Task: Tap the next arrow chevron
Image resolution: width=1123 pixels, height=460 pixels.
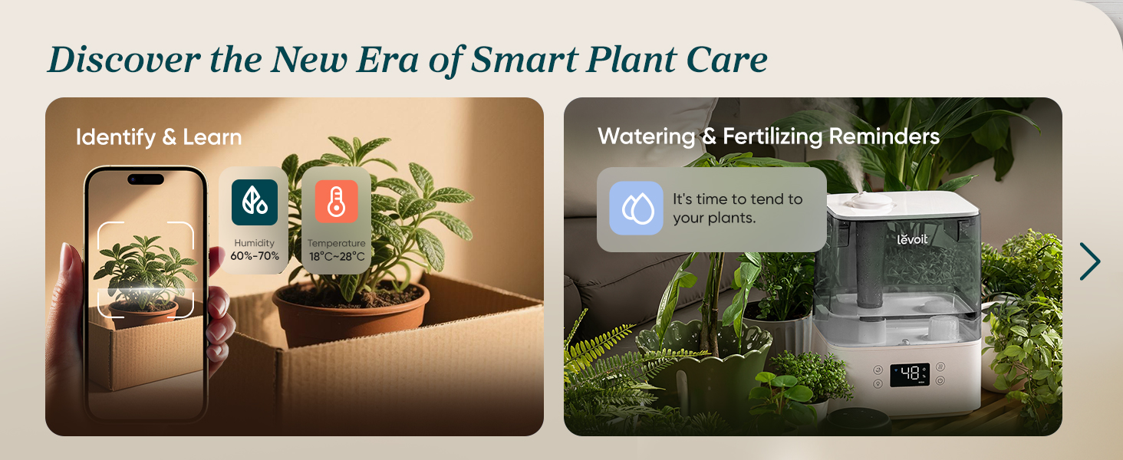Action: click(1089, 261)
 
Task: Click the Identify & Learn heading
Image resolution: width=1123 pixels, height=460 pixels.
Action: click(159, 137)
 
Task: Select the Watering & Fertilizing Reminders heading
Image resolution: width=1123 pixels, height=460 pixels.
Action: click(768, 136)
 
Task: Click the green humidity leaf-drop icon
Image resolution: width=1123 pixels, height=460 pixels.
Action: click(255, 202)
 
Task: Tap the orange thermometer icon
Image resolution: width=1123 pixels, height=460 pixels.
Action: click(336, 202)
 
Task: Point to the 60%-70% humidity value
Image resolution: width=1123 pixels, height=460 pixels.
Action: click(255, 256)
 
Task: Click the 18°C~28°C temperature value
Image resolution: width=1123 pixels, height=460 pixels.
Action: click(336, 256)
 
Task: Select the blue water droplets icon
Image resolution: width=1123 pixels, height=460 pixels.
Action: click(636, 209)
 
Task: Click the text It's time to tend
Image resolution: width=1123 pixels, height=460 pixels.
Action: click(737, 199)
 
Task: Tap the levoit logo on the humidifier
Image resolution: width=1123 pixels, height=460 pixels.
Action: click(912, 239)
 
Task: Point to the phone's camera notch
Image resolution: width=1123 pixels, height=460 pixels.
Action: click(146, 179)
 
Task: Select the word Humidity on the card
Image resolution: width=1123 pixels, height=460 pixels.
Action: click(255, 243)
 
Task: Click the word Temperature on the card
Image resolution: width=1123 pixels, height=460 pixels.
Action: click(336, 243)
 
